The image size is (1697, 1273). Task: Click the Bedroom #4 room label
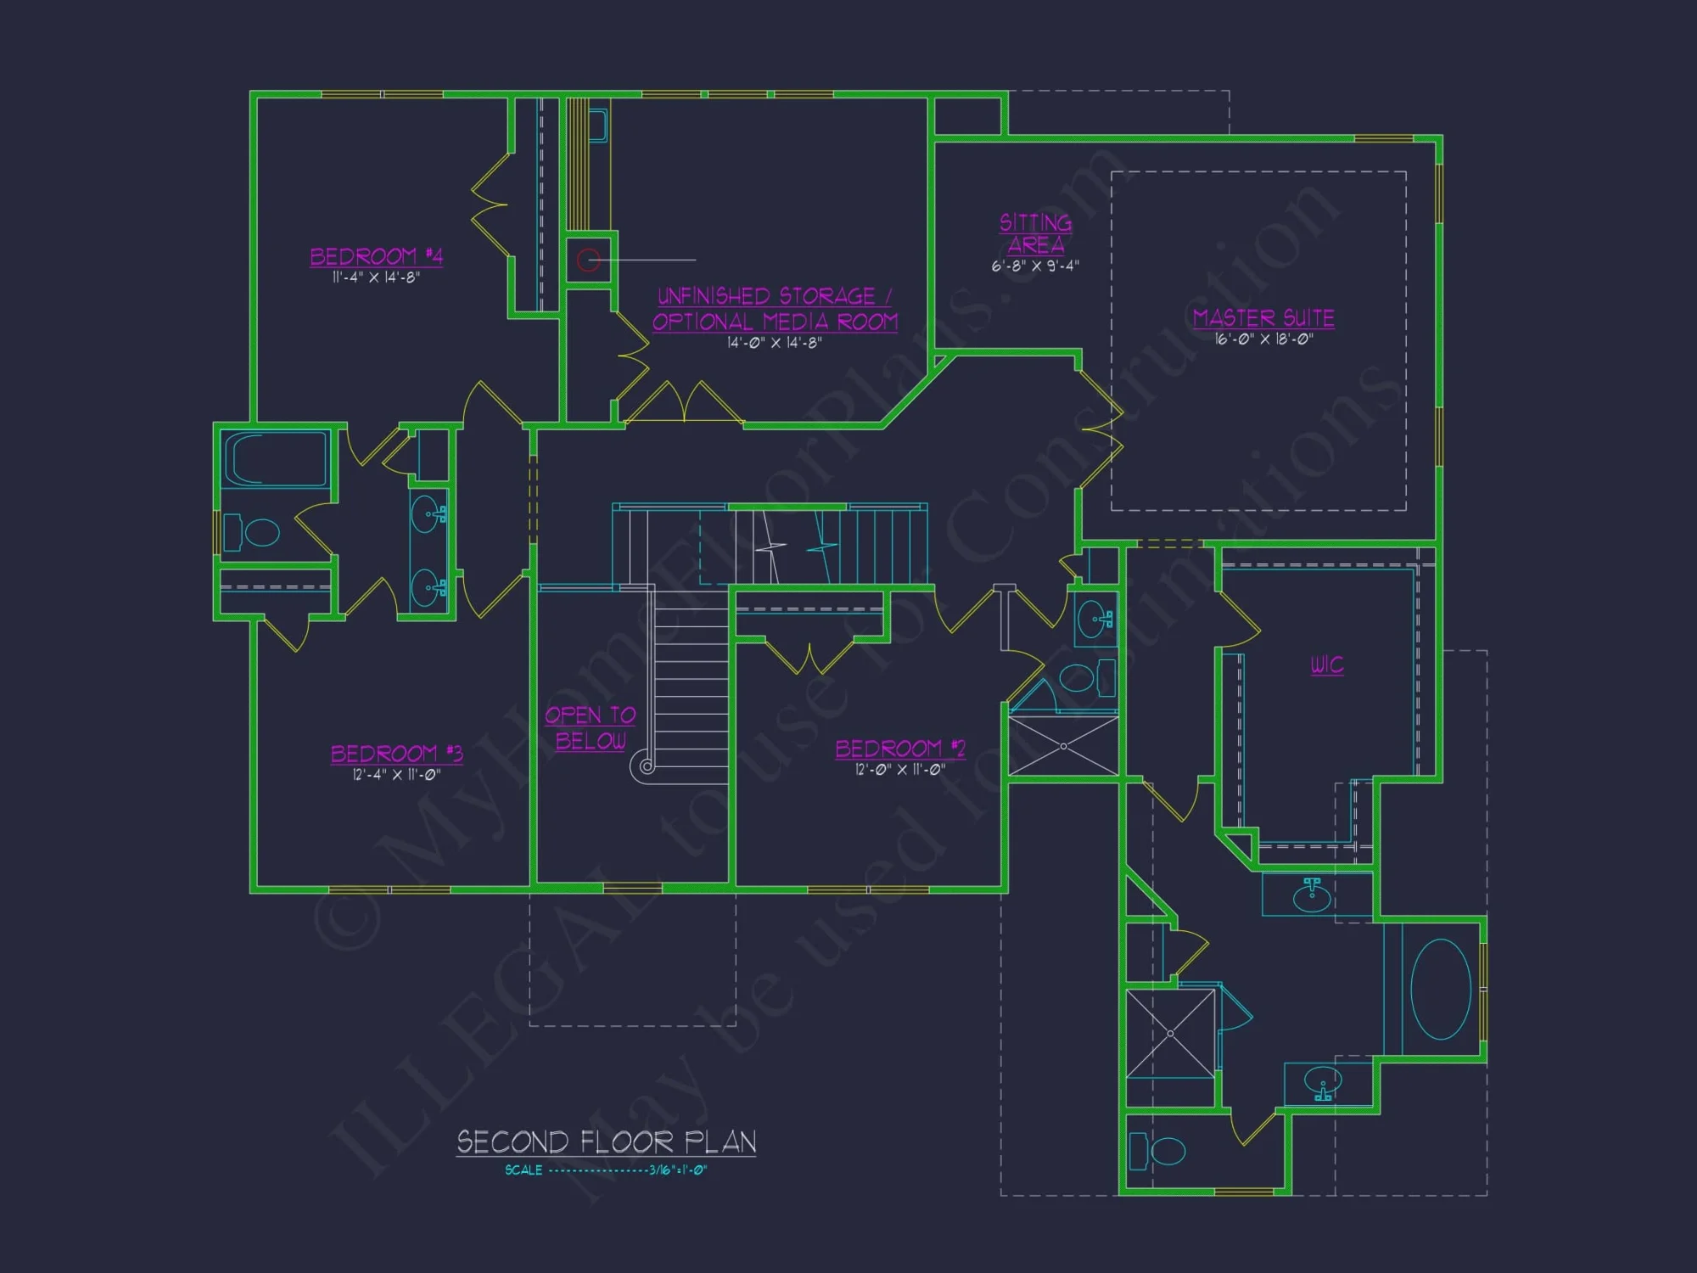(x=376, y=255)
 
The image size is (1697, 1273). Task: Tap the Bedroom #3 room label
(x=396, y=753)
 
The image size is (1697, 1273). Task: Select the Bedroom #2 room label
(x=900, y=748)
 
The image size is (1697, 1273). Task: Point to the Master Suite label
(x=1263, y=317)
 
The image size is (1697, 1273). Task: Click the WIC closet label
(x=1327, y=665)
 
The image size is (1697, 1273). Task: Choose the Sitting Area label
(x=1035, y=233)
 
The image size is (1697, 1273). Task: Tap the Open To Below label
(x=591, y=727)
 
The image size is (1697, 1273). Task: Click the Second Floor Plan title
(x=606, y=1142)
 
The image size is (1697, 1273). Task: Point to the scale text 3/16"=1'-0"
(x=678, y=1170)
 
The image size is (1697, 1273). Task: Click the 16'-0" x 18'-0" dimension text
(x=1263, y=339)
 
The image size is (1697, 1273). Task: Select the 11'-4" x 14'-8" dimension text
(x=376, y=278)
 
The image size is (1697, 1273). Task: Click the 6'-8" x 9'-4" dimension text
(x=1035, y=266)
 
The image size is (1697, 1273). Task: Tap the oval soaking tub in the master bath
(x=1441, y=989)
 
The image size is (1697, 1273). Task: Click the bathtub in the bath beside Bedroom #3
(x=275, y=459)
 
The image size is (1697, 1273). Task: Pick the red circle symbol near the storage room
(x=589, y=260)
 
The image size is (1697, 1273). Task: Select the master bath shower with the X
(x=1170, y=1033)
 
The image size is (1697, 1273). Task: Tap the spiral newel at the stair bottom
(x=647, y=766)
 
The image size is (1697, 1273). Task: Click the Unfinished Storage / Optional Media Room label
(x=775, y=309)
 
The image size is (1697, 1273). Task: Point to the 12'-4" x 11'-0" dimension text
(x=396, y=775)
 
